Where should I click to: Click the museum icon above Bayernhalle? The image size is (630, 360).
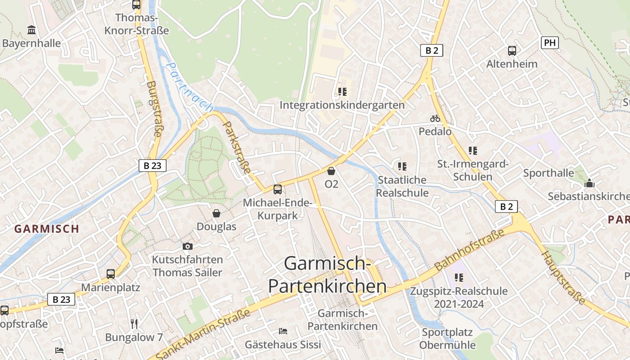(x=31, y=30)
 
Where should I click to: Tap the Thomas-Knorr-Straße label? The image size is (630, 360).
(x=136, y=24)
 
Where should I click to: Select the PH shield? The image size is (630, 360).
(x=549, y=43)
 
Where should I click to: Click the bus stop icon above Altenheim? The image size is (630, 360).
(x=512, y=50)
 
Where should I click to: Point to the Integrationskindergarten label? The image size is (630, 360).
(x=342, y=105)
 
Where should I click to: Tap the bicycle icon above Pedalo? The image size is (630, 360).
(x=435, y=118)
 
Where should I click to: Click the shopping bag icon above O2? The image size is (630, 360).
(x=331, y=171)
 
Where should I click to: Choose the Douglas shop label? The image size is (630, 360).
(x=216, y=226)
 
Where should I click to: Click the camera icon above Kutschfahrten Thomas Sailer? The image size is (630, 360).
(x=187, y=246)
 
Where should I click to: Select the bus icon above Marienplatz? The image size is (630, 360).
(x=110, y=274)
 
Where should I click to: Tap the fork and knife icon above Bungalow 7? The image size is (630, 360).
(x=134, y=324)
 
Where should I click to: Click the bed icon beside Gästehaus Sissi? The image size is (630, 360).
(x=283, y=331)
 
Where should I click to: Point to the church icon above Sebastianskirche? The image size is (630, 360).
(x=589, y=183)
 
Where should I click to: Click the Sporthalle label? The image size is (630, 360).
(x=549, y=173)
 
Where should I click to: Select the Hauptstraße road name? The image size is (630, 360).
(x=563, y=278)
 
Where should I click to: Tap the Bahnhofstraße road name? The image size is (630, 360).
(x=469, y=249)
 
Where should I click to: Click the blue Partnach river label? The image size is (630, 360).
(x=189, y=87)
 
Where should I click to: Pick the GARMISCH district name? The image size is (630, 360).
(x=47, y=229)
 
